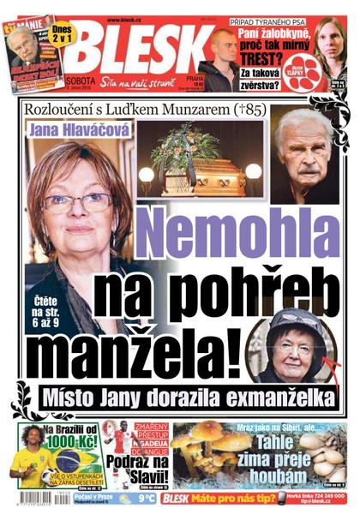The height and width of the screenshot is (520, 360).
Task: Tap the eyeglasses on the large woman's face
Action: point(75,203)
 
